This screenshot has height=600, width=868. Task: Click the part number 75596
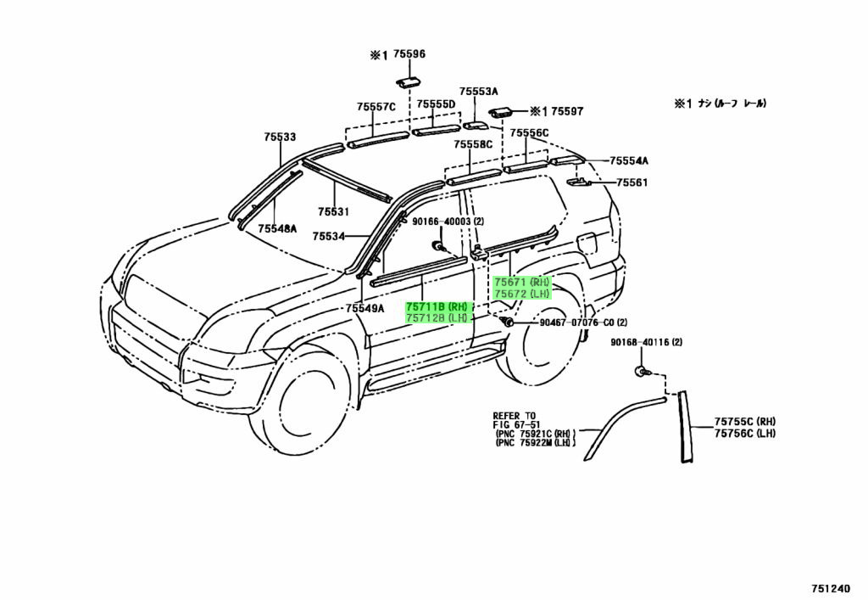[x=409, y=54]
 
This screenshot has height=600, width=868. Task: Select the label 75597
[x=568, y=111]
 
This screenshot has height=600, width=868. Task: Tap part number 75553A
[x=479, y=92]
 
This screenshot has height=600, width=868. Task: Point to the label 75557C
[x=376, y=107]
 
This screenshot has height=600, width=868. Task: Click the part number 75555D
[x=436, y=104]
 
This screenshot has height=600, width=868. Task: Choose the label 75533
[x=280, y=137]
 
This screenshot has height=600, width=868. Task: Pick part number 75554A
[x=629, y=160]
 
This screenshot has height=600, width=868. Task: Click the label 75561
[x=632, y=182]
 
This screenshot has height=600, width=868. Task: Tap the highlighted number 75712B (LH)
[x=437, y=318]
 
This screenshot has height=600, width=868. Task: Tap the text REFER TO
[x=515, y=416]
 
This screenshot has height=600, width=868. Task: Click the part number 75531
[x=334, y=212]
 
